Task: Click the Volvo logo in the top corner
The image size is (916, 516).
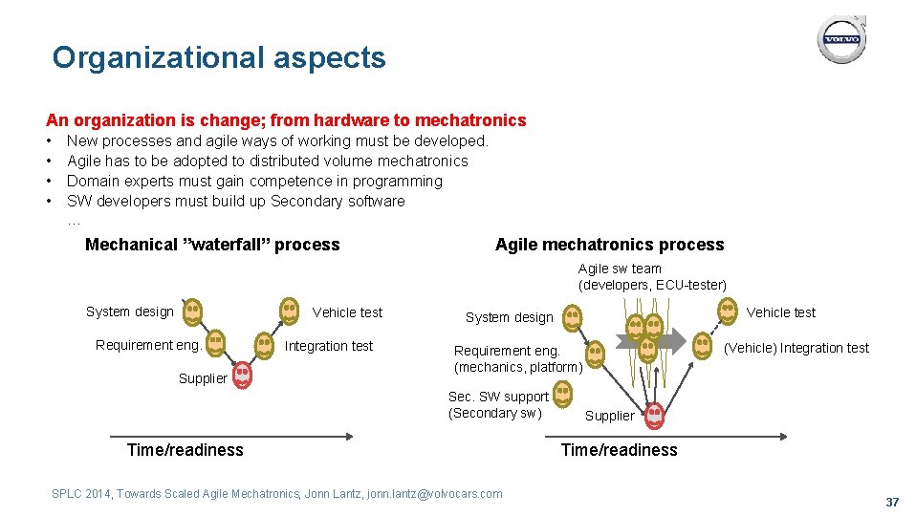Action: (x=841, y=40)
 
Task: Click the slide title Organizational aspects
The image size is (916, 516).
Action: (x=219, y=57)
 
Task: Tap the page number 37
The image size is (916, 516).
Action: (x=892, y=502)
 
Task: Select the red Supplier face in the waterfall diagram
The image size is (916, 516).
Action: (x=243, y=375)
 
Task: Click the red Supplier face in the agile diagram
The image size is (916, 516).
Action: (x=654, y=416)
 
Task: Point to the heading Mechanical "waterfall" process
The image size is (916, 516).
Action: (x=212, y=245)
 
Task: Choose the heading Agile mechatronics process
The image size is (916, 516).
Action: (x=609, y=245)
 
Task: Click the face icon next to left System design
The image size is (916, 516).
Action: (x=192, y=310)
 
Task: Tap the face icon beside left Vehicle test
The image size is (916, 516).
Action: (x=289, y=310)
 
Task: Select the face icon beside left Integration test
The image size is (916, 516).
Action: (x=264, y=344)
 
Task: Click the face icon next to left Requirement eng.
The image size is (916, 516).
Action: (x=216, y=341)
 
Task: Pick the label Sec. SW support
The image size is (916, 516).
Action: (x=498, y=397)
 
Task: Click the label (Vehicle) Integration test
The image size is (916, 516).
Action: (x=796, y=348)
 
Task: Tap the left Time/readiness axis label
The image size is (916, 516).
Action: (x=185, y=450)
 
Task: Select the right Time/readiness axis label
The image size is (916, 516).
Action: (x=619, y=450)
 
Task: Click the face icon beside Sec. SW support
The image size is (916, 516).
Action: (x=563, y=391)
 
